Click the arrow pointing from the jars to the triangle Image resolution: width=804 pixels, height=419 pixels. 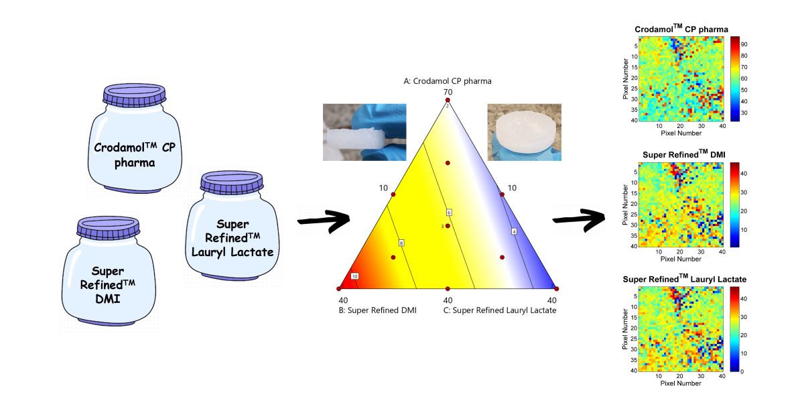tap(324, 221)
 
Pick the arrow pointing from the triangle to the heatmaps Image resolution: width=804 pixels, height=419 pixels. tap(578, 219)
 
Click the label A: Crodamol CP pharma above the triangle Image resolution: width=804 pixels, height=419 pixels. tap(447, 81)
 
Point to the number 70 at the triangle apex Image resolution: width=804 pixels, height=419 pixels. tap(448, 92)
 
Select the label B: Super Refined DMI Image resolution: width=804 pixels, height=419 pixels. tap(378, 310)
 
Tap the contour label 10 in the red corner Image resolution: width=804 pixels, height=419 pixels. tap(355, 276)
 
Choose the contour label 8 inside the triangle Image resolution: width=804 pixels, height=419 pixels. tap(401, 242)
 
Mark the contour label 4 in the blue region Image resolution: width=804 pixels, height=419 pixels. tap(514, 231)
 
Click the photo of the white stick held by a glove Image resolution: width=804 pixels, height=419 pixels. tap(364, 132)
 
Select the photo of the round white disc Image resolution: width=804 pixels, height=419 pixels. tap(523, 132)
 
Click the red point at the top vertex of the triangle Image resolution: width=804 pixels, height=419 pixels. tap(448, 100)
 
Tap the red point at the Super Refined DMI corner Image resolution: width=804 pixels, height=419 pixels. tap(339, 288)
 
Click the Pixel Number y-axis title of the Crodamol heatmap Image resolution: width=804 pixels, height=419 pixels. tap(625, 78)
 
